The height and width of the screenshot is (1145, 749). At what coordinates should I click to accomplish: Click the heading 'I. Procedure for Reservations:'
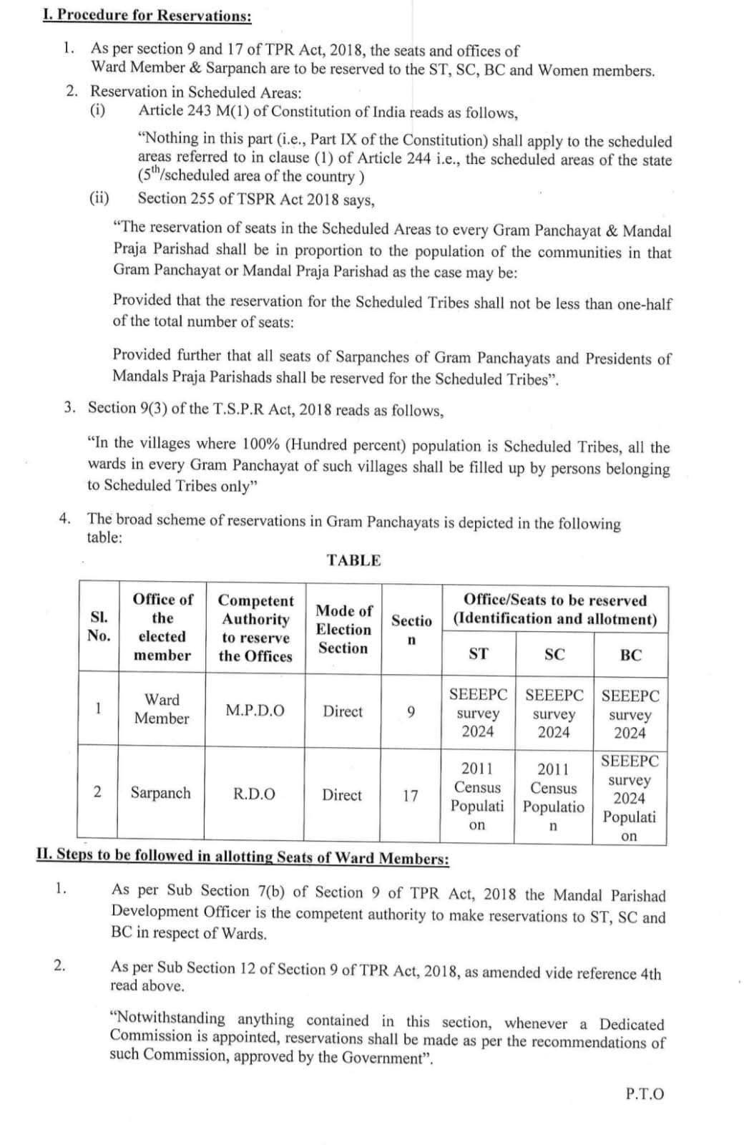tap(147, 15)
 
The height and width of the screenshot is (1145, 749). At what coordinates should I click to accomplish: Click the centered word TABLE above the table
tap(353, 560)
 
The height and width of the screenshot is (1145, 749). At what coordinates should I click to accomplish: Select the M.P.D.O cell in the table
tap(255, 711)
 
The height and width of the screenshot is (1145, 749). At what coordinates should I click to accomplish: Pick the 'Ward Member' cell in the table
tap(162, 709)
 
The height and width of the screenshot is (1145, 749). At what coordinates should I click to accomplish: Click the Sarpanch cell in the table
tap(160, 793)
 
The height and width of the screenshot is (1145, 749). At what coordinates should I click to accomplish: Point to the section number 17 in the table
tap(410, 795)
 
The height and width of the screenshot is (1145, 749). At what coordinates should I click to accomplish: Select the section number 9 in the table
tap(410, 712)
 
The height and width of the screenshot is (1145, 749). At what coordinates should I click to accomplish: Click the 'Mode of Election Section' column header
tap(343, 629)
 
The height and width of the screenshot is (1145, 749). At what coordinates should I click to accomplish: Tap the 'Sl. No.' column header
tap(99, 627)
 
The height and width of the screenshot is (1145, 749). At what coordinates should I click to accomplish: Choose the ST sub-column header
tap(478, 654)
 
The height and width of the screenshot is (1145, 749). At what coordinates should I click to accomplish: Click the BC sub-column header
tap(630, 655)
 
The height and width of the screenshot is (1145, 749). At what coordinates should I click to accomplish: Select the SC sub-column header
tap(554, 654)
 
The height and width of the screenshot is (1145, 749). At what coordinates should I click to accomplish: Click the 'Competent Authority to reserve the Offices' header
tap(255, 628)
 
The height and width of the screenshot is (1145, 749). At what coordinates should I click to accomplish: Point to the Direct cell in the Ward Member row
tap(342, 711)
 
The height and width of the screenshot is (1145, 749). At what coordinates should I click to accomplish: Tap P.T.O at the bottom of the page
tap(644, 1094)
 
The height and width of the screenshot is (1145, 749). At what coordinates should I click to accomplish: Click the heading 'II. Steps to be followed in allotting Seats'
tap(243, 857)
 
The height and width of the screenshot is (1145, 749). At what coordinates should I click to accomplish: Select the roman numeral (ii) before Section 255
tap(99, 198)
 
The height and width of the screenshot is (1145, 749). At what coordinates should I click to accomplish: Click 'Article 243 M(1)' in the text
tap(192, 112)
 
